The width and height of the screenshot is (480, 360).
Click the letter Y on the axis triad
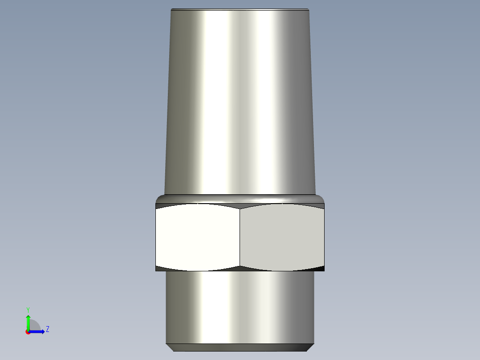pyautogui.click(x=28, y=309)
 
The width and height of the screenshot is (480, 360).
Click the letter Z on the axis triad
pyautogui.click(x=47, y=329)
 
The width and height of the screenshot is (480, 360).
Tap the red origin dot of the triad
pyautogui.click(x=28, y=331)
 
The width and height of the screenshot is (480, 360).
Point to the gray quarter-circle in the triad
pyautogui.click(x=35, y=325)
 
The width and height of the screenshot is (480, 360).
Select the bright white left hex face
pyautogui.click(x=198, y=237)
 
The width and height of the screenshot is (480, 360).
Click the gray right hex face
pyautogui.click(x=282, y=237)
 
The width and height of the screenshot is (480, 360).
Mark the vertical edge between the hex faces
pyautogui.click(x=240, y=237)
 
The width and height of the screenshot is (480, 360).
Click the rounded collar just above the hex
pyautogui.click(x=240, y=198)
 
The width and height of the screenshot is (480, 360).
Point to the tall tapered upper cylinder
pyautogui.click(x=240, y=102)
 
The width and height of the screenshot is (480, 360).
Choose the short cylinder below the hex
pyautogui.click(x=240, y=307)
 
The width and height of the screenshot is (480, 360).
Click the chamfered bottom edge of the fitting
pyautogui.click(x=240, y=347)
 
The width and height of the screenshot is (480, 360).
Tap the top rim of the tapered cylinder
pyautogui.click(x=240, y=9)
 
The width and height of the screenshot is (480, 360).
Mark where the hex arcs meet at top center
pyautogui.click(x=240, y=207)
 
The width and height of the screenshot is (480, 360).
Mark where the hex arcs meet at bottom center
pyautogui.click(x=240, y=267)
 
